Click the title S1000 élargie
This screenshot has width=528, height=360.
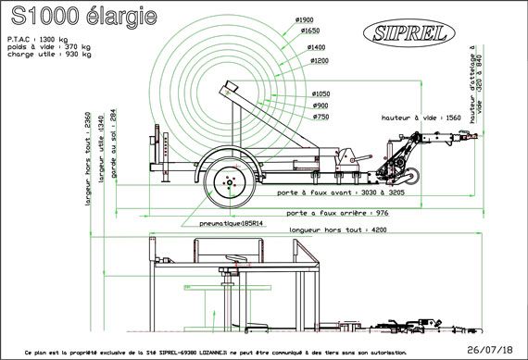[x=82, y=18]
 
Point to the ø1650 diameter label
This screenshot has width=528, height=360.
[x=310, y=31]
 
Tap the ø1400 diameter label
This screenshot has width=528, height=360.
[x=318, y=46]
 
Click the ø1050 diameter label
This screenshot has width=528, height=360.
[x=321, y=94]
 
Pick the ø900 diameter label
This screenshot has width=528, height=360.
[x=320, y=106]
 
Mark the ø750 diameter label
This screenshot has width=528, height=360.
[x=321, y=117]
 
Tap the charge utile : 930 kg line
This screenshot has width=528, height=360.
[x=50, y=55]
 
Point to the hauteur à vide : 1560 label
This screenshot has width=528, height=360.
[x=421, y=119]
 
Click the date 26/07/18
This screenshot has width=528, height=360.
[x=492, y=351]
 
